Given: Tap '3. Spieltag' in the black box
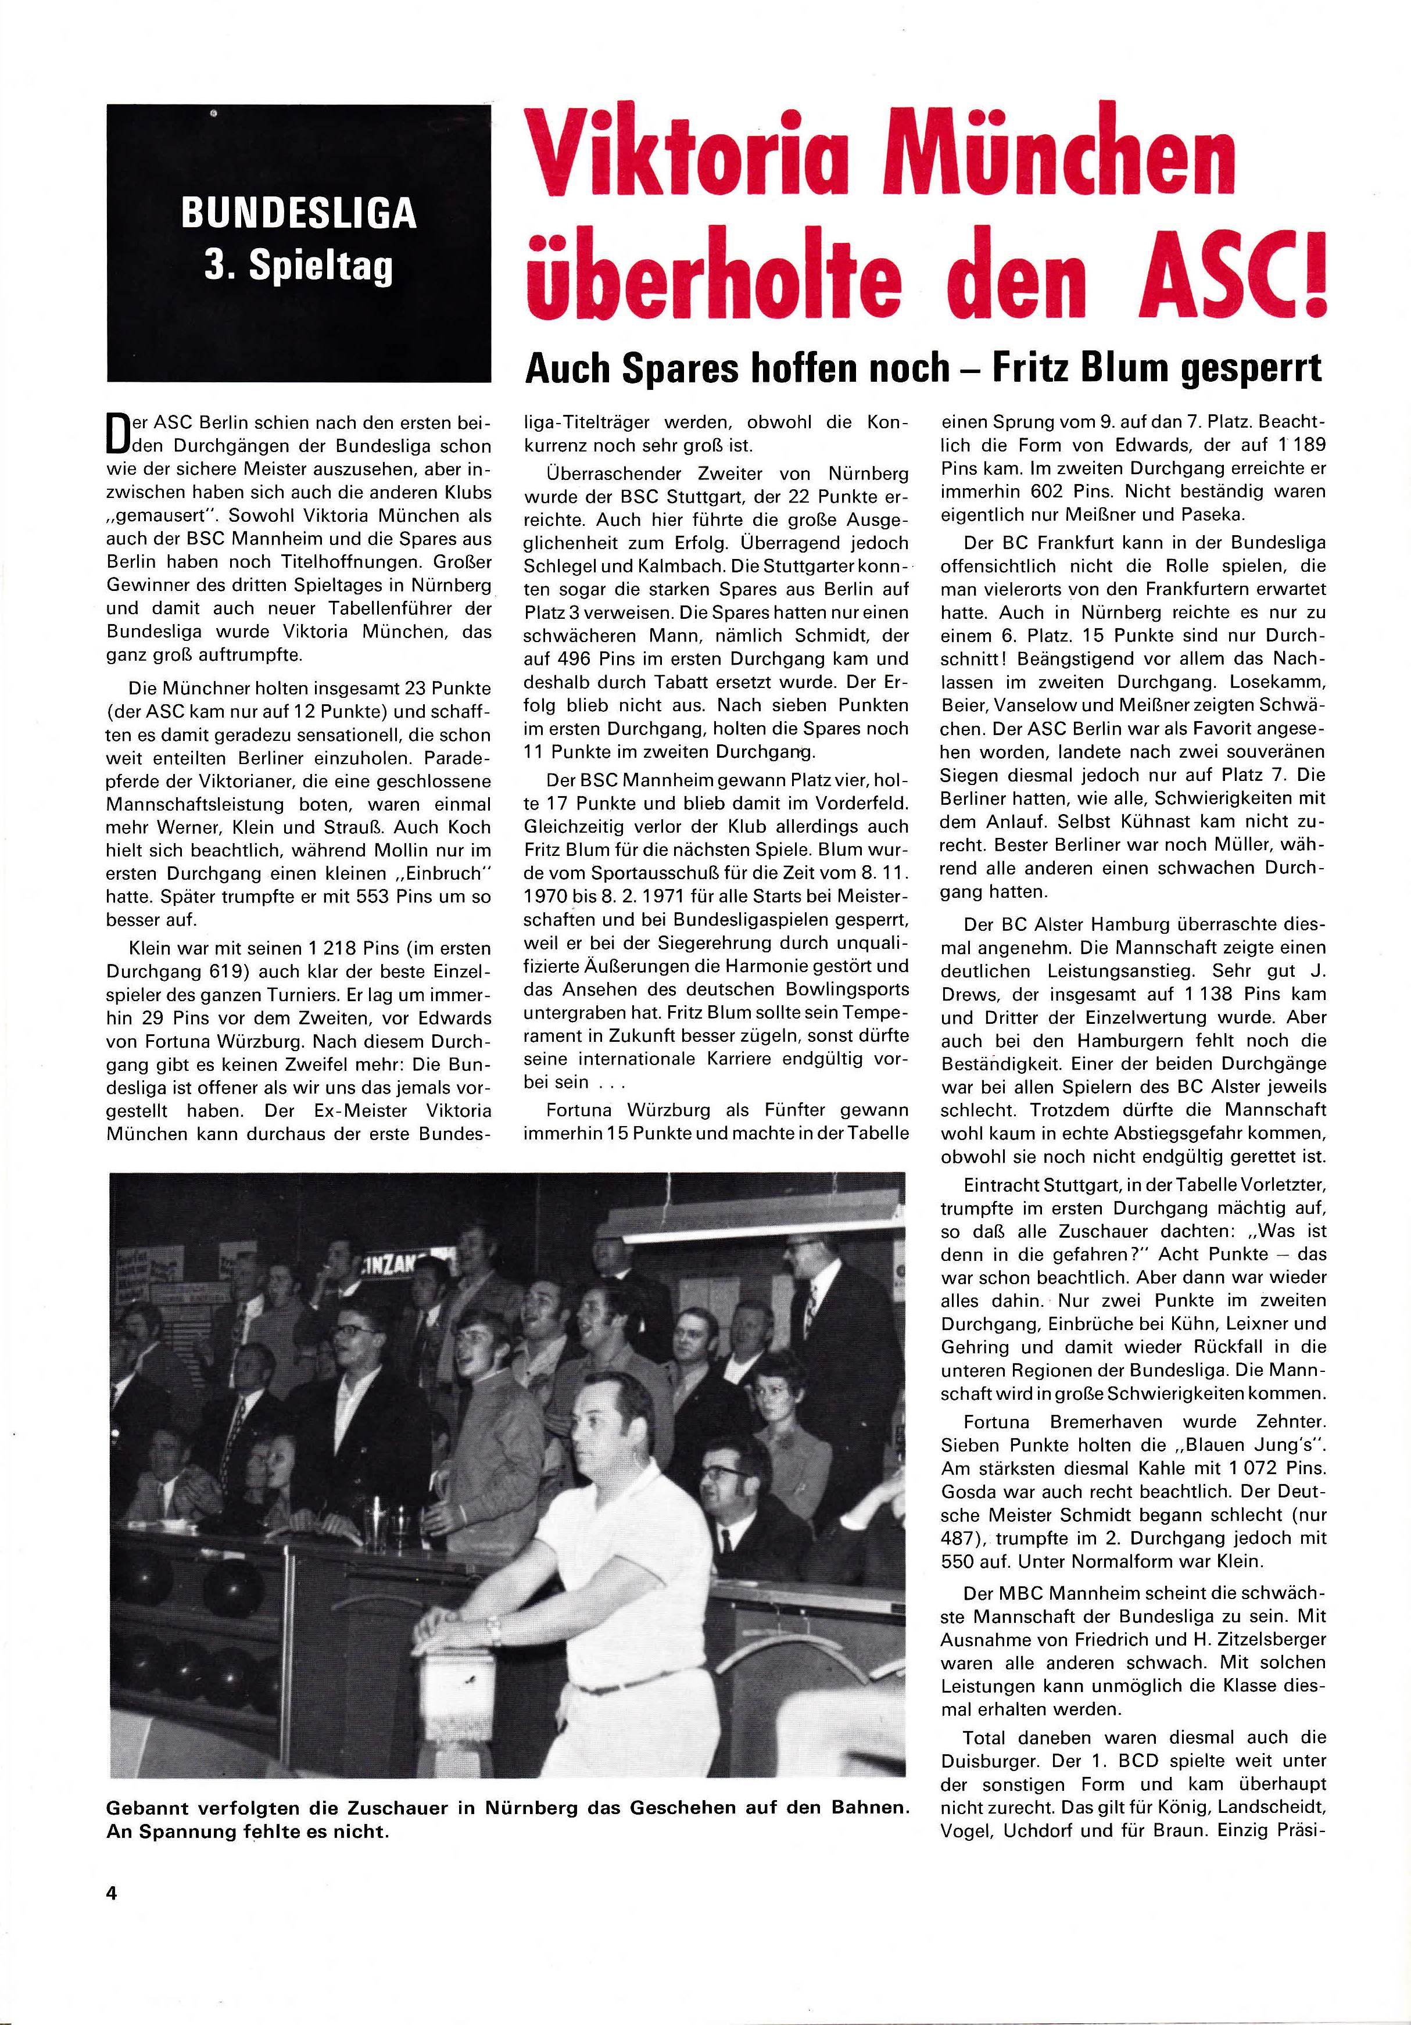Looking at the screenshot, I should click(299, 266).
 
